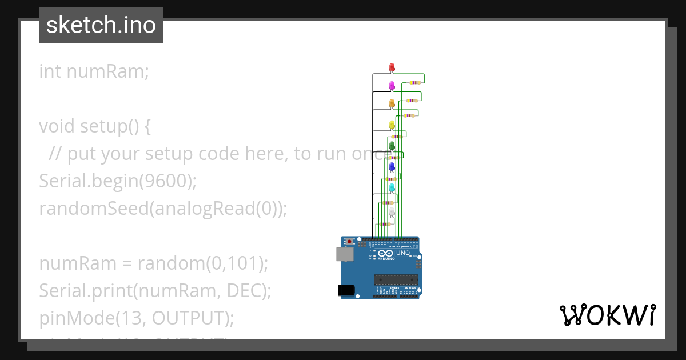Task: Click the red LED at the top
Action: pyautogui.click(x=392, y=67)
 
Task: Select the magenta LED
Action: pyautogui.click(x=392, y=86)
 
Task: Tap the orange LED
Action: pyautogui.click(x=392, y=103)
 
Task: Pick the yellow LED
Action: pyautogui.click(x=392, y=125)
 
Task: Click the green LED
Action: pyautogui.click(x=392, y=146)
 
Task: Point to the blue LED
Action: pyautogui.click(x=392, y=166)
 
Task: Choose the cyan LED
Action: pyautogui.click(x=392, y=187)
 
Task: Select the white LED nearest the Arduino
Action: pyautogui.click(x=392, y=213)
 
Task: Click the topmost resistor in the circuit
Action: pyautogui.click(x=416, y=83)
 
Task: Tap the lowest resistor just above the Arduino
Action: pyautogui.click(x=385, y=224)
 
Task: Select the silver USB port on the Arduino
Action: pyautogui.click(x=344, y=254)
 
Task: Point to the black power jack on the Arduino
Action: pyautogui.click(x=346, y=290)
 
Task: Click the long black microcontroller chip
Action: pyautogui.click(x=396, y=279)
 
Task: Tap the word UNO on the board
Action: pyautogui.click(x=404, y=253)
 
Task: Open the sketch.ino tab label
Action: pyautogui.click(x=101, y=25)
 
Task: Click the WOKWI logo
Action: pyautogui.click(x=607, y=315)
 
